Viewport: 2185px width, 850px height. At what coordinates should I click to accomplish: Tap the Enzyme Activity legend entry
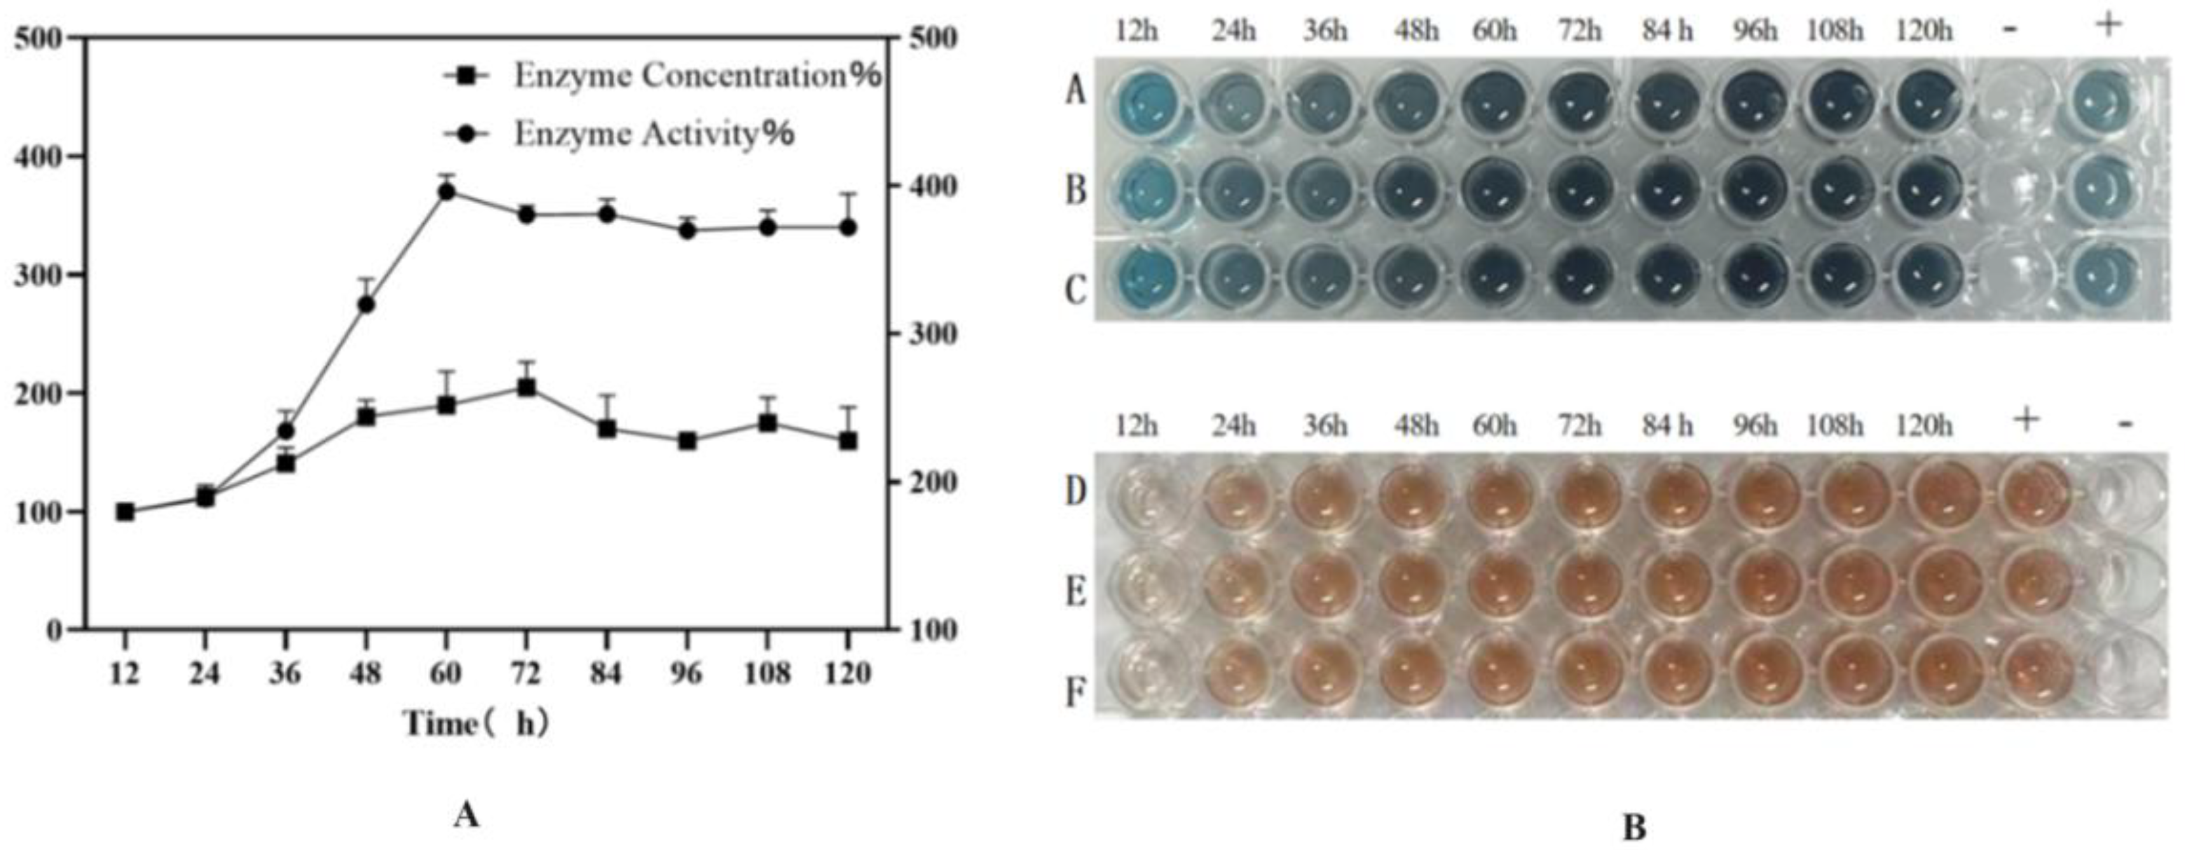point(653,135)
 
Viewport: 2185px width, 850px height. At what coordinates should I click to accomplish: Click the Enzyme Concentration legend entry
point(695,76)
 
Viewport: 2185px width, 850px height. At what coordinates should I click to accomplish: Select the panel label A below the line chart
point(465,816)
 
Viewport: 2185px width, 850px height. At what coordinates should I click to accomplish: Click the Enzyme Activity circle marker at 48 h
point(366,305)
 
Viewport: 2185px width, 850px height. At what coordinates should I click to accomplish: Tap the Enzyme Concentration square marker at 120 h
point(847,441)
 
